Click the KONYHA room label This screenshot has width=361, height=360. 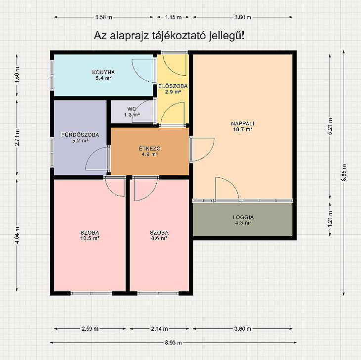click(x=103, y=72)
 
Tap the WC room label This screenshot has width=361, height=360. click(x=132, y=109)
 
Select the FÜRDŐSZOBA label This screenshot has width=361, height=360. click(x=80, y=135)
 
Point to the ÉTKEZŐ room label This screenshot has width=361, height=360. click(x=150, y=149)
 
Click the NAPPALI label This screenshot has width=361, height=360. click(x=243, y=123)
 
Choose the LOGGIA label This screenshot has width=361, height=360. click(x=243, y=217)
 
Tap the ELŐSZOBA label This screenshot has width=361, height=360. click(x=173, y=86)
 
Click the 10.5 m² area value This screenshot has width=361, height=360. click(x=90, y=238)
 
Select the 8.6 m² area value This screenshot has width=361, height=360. click(x=159, y=238)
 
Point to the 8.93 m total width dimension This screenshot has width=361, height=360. click(x=173, y=343)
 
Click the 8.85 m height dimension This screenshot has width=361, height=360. click(x=344, y=172)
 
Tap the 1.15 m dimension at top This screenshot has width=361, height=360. click(x=173, y=17)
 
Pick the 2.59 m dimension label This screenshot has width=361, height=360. click(x=90, y=329)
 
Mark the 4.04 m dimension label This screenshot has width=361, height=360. click(x=17, y=235)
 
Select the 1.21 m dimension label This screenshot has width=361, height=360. click(x=330, y=219)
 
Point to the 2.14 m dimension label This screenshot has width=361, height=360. click(x=159, y=329)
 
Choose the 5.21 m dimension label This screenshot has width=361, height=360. click(x=330, y=126)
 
